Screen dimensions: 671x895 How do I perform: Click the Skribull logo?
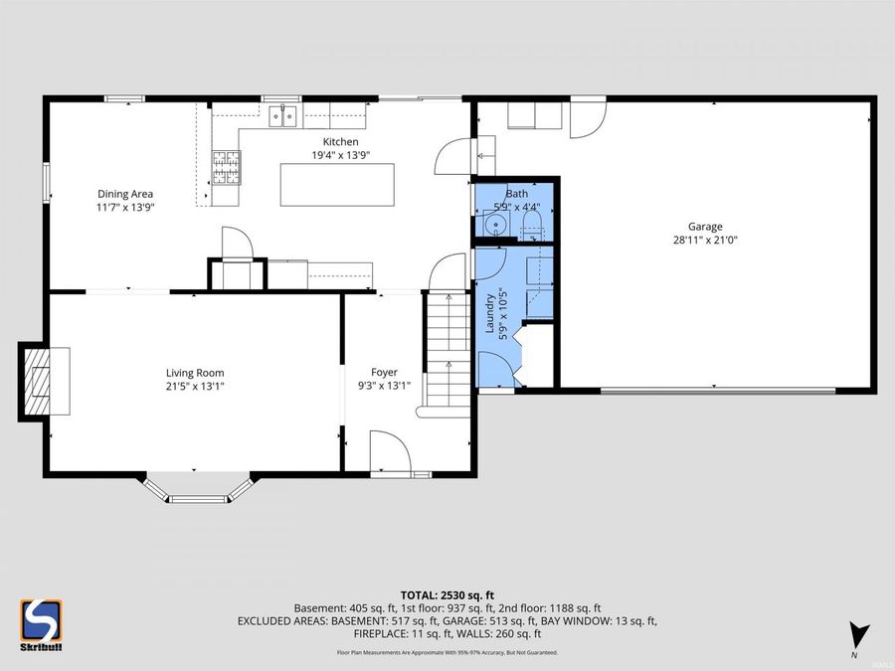tap(40, 625)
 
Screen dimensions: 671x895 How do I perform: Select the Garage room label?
tap(705, 226)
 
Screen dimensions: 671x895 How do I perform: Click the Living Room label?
tap(195, 373)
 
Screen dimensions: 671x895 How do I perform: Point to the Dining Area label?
tap(125, 194)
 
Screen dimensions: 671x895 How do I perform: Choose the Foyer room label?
tap(384, 373)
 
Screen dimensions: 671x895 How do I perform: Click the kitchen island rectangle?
tap(337, 185)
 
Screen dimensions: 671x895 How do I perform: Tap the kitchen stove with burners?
tap(226, 168)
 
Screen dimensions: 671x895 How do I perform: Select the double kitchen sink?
tap(281, 118)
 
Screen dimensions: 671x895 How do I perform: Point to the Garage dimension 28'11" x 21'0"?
tap(705, 240)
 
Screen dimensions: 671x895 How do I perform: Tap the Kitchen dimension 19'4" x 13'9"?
tap(340, 155)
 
